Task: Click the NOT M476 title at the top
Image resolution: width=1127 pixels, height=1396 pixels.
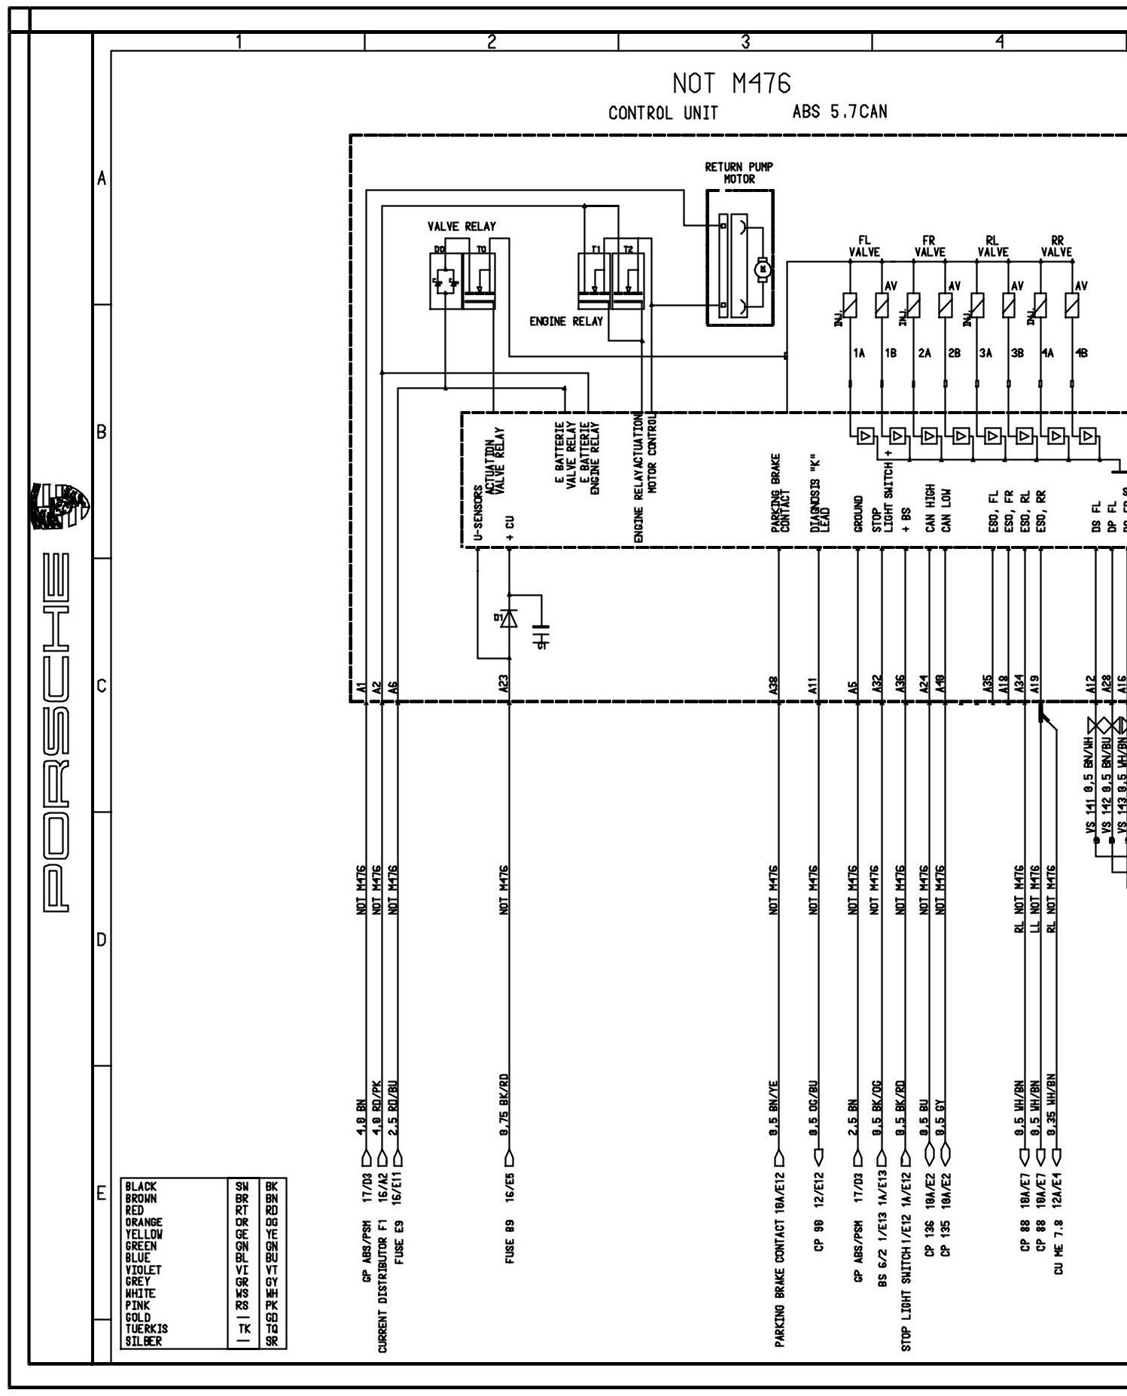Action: click(x=731, y=84)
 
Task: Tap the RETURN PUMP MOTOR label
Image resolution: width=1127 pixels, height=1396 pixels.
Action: click(x=739, y=172)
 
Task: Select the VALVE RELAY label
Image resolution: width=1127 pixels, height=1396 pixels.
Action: click(x=461, y=226)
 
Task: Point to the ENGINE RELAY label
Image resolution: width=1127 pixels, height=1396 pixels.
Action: click(x=566, y=321)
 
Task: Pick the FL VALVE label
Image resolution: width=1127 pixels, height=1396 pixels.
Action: click(x=864, y=246)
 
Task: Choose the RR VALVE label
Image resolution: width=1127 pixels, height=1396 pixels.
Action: click(x=1056, y=246)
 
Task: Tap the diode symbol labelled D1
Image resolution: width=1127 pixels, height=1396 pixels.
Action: click(x=509, y=618)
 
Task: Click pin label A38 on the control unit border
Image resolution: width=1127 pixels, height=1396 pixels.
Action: click(x=775, y=685)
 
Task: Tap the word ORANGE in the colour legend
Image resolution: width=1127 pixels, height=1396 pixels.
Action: click(x=144, y=1222)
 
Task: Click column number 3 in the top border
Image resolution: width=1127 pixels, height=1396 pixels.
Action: click(x=745, y=42)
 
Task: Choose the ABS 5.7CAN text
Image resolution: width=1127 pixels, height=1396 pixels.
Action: click(x=839, y=112)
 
